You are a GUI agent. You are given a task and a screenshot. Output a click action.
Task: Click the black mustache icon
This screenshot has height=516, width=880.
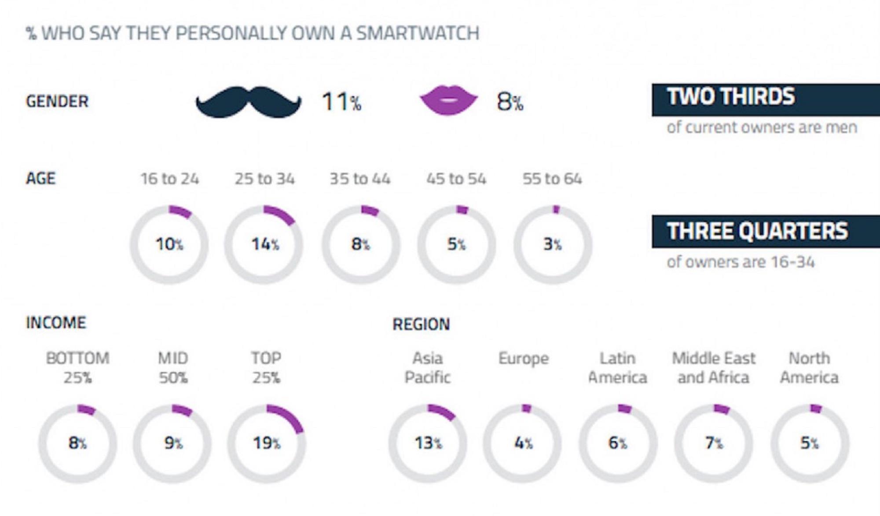click(x=249, y=102)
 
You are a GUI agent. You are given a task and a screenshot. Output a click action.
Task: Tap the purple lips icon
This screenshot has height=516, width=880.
click(x=448, y=100)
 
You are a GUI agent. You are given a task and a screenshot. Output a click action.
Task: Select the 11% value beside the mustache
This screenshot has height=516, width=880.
click(x=341, y=102)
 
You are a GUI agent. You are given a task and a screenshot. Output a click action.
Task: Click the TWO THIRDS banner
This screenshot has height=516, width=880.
click(x=766, y=99)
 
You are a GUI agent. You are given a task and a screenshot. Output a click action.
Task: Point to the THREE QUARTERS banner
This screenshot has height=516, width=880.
click(x=766, y=231)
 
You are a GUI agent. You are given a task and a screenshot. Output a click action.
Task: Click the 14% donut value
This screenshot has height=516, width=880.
click(x=265, y=244)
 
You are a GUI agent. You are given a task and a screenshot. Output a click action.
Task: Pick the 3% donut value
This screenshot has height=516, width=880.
click(x=552, y=244)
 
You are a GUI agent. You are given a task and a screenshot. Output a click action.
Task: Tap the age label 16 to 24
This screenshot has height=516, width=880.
click(x=169, y=179)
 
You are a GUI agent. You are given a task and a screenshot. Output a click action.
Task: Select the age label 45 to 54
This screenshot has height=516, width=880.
click(x=456, y=179)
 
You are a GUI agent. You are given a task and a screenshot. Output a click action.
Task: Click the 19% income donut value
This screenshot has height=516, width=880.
click(x=266, y=443)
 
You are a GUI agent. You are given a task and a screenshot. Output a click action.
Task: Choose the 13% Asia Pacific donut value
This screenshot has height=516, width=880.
click(x=428, y=443)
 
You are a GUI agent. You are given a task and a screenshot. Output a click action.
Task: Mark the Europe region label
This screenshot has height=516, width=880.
click(x=524, y=359)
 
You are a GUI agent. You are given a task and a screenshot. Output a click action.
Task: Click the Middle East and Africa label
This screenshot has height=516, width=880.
click(x=713, y=368)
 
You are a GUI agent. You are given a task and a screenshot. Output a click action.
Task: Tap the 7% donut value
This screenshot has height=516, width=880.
click(x=714, y=443)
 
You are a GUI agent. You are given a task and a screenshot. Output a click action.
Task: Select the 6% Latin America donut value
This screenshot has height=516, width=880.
click(x=618, y=443)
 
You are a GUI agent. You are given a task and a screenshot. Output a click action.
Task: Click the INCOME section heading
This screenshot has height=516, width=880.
click(x=56, y=323)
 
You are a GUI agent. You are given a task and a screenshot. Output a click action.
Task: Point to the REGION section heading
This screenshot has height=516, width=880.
click(x=421, y=324)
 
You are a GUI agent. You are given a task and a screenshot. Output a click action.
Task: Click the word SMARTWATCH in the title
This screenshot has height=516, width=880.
click(x=418, y=33)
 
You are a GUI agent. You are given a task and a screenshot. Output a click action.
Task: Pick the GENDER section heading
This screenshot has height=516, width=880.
click(x=57, y=101)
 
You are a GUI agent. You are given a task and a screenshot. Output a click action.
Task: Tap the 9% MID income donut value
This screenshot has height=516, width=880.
click(x=173, y=443)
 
